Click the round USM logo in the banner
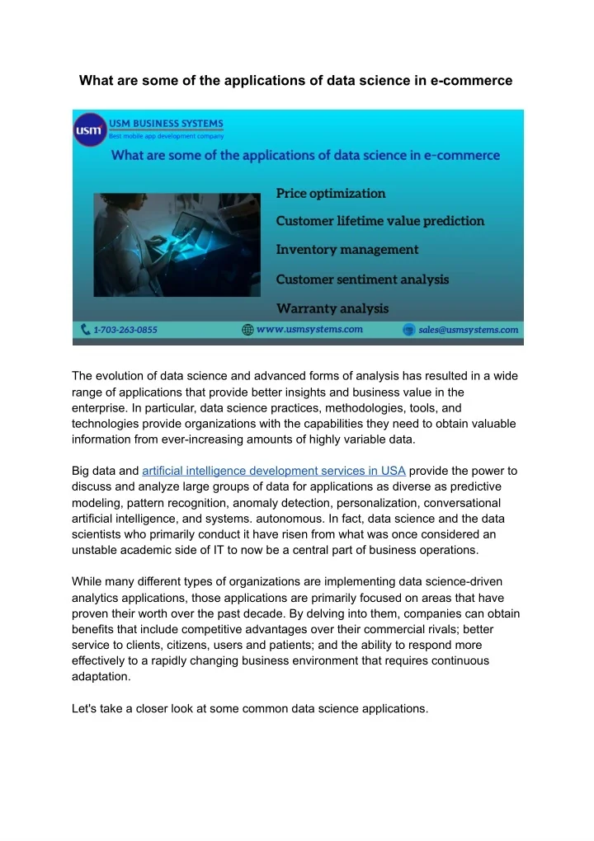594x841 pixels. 90,130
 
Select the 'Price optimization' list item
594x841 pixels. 330,193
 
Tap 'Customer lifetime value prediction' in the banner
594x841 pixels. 379,221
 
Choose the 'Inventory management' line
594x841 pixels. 346,249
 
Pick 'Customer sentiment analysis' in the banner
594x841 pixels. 362,280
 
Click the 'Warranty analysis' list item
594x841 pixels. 332,308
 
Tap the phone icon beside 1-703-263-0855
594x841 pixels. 86,330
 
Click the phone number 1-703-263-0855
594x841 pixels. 125,330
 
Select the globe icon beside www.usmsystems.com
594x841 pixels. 247,330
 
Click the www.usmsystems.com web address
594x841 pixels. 309,329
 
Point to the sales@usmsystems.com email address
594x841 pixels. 468,330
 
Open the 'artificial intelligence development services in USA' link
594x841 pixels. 273,471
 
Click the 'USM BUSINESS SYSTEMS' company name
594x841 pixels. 167,123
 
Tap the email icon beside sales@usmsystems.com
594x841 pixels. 408,330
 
